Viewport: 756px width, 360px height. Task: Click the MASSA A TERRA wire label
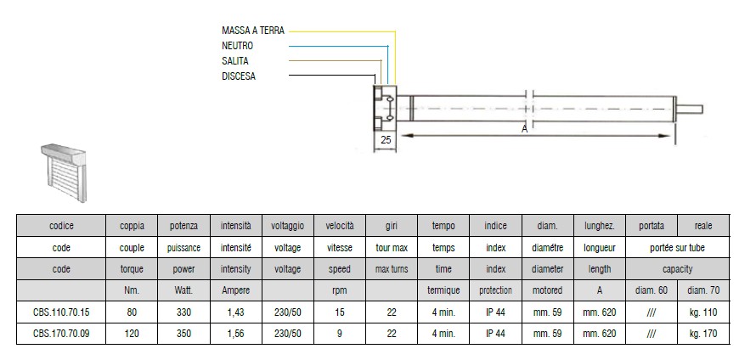[253, 31]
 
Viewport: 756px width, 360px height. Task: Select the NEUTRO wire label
[237, 46]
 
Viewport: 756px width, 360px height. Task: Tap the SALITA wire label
[235, 61]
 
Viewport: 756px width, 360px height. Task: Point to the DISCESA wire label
[239, 76]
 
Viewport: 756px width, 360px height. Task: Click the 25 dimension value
[386, 140]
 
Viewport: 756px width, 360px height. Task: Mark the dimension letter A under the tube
[525, 129]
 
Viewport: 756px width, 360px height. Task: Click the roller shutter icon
[64, 172]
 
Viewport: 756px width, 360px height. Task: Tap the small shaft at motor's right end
[690, 109]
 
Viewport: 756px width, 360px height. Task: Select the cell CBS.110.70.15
[61, 312]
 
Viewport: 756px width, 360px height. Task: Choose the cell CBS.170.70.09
[61, 334]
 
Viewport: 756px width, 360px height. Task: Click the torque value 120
[132, 334]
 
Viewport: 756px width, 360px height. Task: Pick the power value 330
[183, 312]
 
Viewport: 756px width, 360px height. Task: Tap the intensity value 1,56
[236, 334]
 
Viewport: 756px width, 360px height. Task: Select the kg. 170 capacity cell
[703, 334]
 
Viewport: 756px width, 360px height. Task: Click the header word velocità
[340, 226]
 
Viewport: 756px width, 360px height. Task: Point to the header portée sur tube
[677, 248]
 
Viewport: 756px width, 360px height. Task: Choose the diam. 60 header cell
[652, 290]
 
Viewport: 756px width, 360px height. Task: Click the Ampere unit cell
[236, 290]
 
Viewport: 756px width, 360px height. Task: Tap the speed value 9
[340, 334]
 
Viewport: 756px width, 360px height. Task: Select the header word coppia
[132, 226]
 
